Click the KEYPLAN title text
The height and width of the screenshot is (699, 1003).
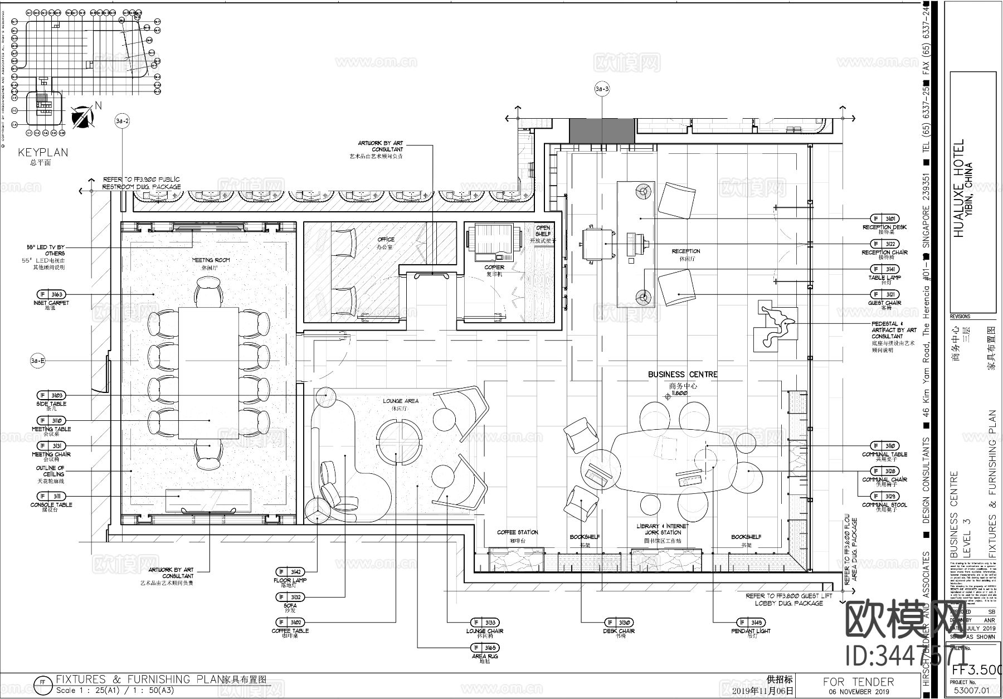[43, 152]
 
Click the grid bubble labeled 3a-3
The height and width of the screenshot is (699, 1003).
[602, 89]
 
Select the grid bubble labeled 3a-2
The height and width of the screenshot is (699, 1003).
[122, 120]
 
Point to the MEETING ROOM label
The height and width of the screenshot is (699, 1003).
[211, 260]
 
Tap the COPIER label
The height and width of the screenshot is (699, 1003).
[494, 268]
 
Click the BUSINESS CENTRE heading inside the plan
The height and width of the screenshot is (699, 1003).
[683, 375]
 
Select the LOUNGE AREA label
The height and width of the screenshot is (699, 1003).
[401, 401]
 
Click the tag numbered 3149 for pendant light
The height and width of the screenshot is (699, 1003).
[751, 623]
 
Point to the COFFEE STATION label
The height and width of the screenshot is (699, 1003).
[518, 532]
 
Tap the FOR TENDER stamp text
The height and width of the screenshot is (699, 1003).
[858, 682]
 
